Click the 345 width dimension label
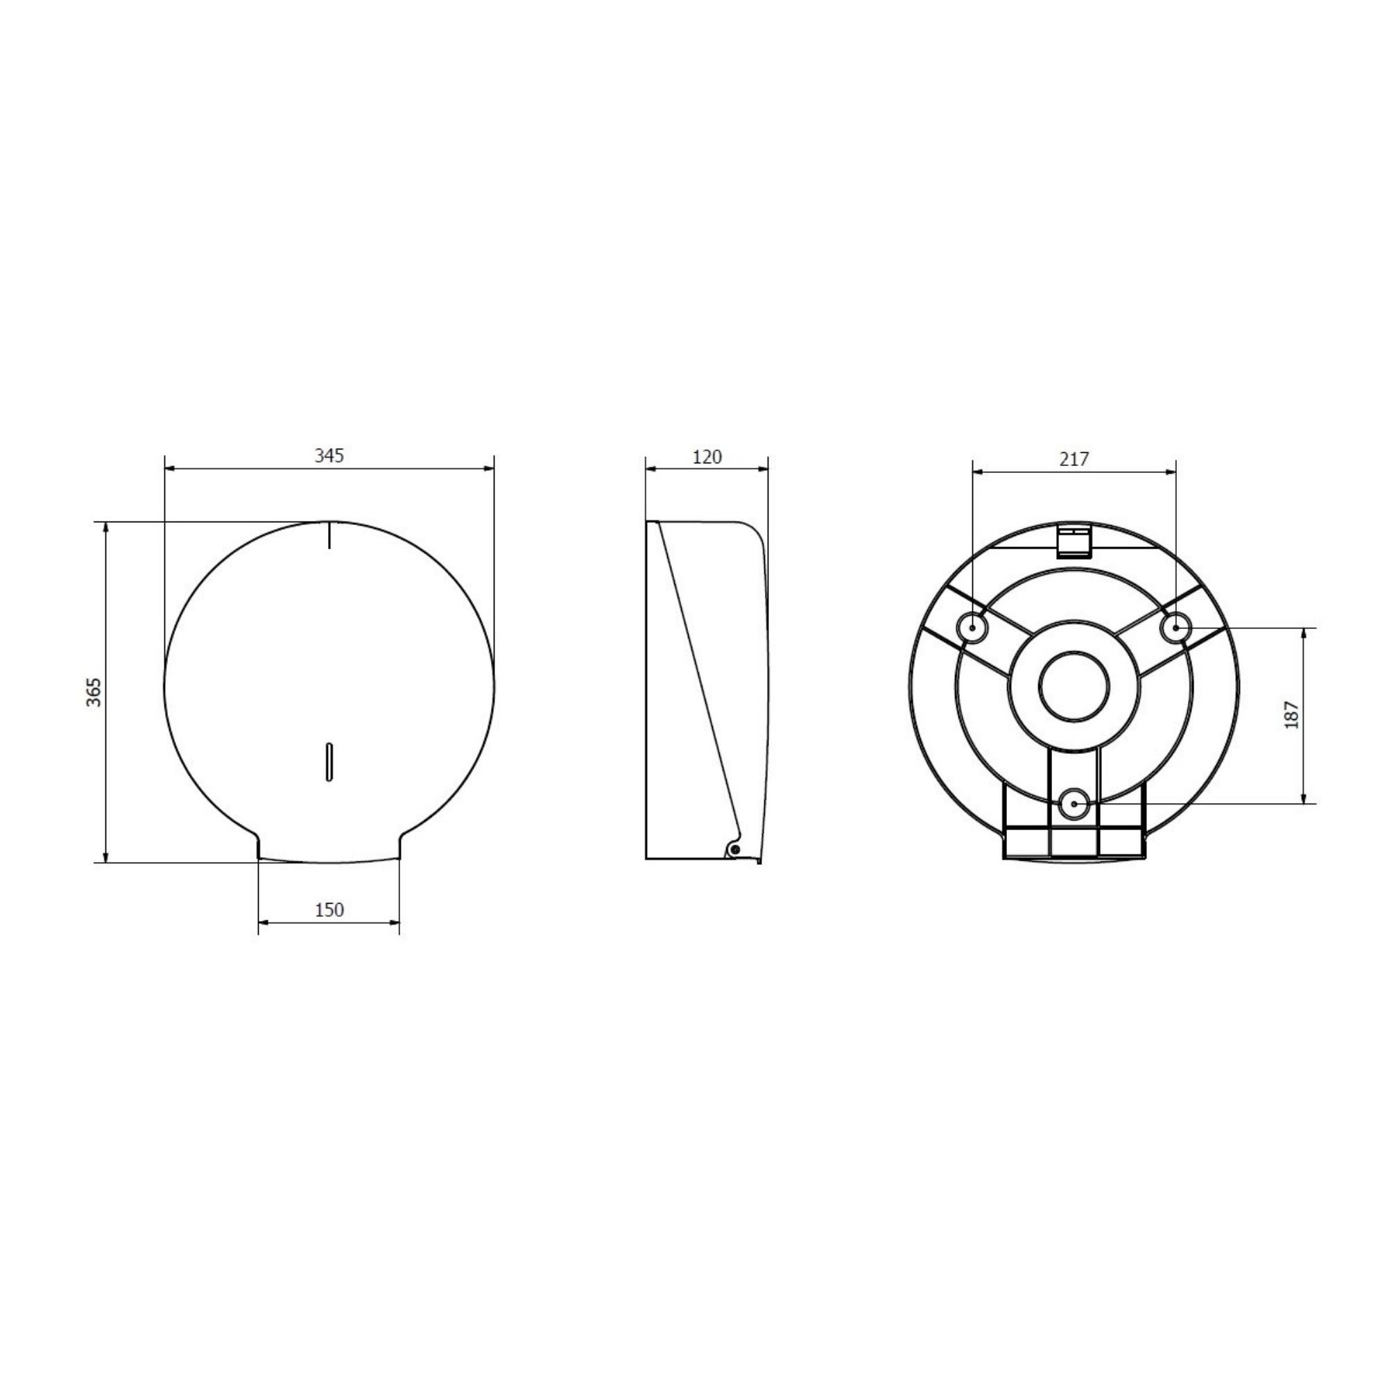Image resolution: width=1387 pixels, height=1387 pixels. coord(329,455)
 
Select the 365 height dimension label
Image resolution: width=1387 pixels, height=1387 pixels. coord(95,692)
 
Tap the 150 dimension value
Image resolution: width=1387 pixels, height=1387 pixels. coord(329,910)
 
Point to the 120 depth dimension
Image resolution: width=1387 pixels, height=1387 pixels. coord(707,456)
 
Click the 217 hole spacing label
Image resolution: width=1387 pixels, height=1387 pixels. coord(1074,458)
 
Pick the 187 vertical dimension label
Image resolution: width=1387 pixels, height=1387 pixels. coord(1292,715)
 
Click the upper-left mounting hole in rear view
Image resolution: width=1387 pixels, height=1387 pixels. coord(973,628)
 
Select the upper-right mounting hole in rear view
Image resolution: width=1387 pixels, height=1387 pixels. coord(1176,628)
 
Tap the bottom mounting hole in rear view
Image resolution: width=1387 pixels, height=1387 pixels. coord(1074,803)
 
